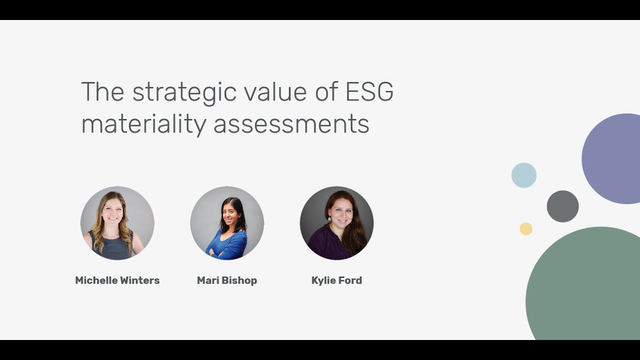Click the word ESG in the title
tap(369, 92)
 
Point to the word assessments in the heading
tap(291, 124)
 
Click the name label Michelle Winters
tap(117, 280)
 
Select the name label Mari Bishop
tap(227, 280)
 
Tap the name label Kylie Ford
tap(336, 280)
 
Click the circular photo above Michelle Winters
tap(117, 223)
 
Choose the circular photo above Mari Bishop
tap(227, 223)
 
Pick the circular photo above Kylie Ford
tap(336, 223)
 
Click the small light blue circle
tap(524, 175)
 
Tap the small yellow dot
tap(526, 229)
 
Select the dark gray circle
tap(562, 206)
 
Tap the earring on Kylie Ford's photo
tap(329, 219)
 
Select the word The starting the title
tap(102, 92)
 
